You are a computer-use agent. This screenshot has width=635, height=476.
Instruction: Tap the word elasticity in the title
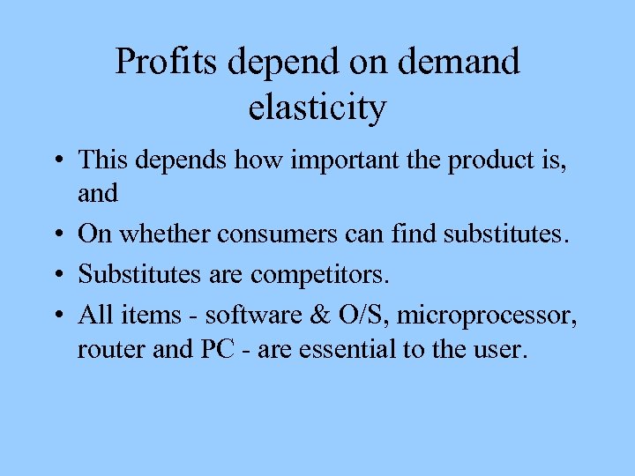[317, 108]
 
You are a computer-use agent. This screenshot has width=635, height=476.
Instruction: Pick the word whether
[165, 234]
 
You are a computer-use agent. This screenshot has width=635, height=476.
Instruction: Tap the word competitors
[319, 274]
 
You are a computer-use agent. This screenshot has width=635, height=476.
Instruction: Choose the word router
[102, 350]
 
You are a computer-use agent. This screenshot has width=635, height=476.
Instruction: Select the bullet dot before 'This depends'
[56, 161]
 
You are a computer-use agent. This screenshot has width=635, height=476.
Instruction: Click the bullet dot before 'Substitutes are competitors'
[56, 275]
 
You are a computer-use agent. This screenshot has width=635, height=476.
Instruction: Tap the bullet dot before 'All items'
[56, 314]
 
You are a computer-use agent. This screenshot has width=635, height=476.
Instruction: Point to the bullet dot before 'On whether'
[56, 234]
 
